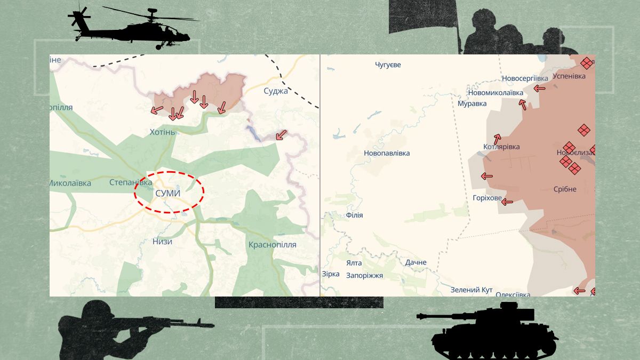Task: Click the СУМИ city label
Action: point(167,193)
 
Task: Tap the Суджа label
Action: point(276,91)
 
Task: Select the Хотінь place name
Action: point(162,132)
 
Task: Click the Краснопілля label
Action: point(272,245)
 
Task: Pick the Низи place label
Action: point(162,241)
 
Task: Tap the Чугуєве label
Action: point(388,65)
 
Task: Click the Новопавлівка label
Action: point(387,154)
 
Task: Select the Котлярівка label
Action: point(501,147)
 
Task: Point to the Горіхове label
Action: point(487,198)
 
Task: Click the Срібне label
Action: point(565,189)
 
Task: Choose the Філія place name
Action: point(354,215)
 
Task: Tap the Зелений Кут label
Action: point(471,290)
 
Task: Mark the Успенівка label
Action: point(569,76)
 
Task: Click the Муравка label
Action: point(472,103)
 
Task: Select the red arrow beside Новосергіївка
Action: point(540,88)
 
